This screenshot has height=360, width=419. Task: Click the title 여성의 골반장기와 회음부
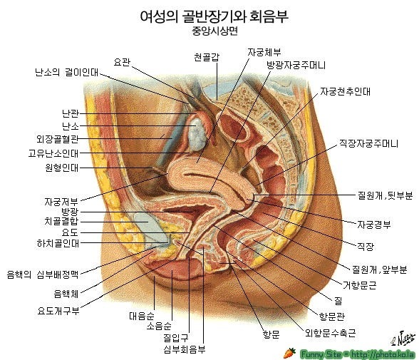tap(214, 16)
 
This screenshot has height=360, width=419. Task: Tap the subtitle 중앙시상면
tap(214, 31)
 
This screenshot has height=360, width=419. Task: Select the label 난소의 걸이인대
tap(67, 72)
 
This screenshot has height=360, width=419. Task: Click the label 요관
tap(122, 62)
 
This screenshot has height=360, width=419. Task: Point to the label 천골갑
tap(207, 57)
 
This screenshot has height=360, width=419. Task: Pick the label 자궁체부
tap(264, 52)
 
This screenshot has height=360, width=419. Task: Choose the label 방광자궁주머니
tap(296, 65)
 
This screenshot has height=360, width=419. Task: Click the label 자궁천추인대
tap(345, 91)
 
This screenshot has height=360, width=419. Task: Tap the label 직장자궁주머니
tap(369, 143)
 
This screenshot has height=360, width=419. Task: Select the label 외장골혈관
tap(58, 139)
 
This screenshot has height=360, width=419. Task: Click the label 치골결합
tap(61, 221)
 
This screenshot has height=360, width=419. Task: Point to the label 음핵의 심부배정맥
tap(43, 274)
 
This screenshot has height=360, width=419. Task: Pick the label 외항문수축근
tap(331, 333)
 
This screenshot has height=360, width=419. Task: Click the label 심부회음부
tap(185, 349)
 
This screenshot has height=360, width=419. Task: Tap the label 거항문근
tap(359, 285)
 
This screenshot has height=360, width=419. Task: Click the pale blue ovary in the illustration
tap(198, 135)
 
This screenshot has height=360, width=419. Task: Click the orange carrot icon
tap(290, 353)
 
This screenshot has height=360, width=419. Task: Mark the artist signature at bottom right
tap(403, 337)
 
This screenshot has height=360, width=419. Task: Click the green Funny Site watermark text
tap(358, 354)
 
